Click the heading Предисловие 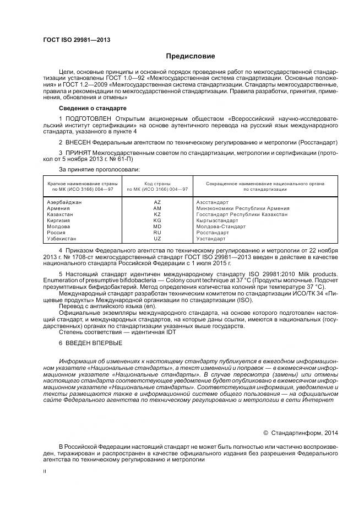pos(191,56)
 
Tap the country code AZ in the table pos(157,202)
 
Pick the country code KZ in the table pos(157,214)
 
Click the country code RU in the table pos(157,233)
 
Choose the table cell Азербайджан pos(64,202)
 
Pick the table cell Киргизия pos(59,221)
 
